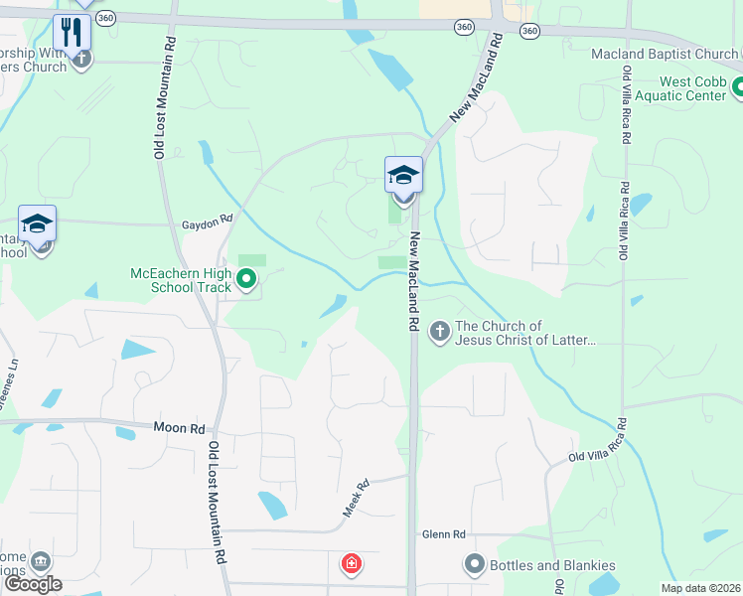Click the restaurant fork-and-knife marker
72,33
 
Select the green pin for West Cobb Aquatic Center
738,89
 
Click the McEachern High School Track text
180,281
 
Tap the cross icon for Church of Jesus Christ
440,332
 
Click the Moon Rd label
179,429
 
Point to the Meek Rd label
356,498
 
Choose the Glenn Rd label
443,534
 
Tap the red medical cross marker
351,564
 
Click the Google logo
32,584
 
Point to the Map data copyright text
700,588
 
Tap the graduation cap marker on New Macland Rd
403,175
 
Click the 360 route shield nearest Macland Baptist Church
529,32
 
